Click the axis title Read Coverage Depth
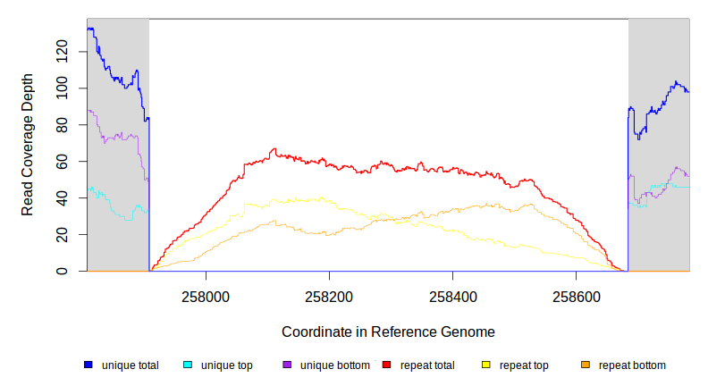(x=28, y=145)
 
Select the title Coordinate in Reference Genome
(x=388, y=331)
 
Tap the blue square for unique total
(x=88, y=365)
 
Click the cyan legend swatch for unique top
(x=188, y=365)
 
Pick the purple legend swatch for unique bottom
(x=287, y=365)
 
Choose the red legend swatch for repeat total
(x=386, y=365)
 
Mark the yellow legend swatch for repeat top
(x=486, y=365)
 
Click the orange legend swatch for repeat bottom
(x=586, y=365)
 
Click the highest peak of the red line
(x=274, y=149)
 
